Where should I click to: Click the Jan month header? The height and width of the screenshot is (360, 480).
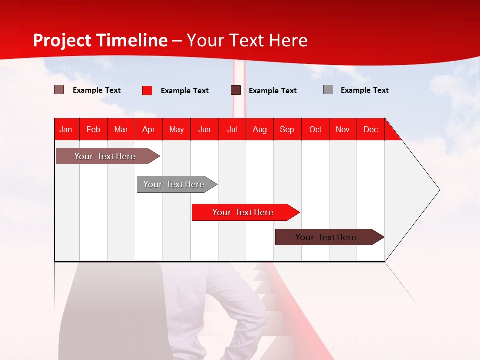pyautogui.click(x=66, y=129)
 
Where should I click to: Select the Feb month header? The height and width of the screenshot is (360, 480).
pyautogui.click(x=93, y=129)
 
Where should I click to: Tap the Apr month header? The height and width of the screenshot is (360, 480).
pyautogui.click(x=148, y=129)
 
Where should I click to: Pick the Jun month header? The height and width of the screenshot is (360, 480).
pyautogui.click(x=204, y=129)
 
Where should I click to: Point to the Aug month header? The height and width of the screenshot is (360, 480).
pyautogui.click(x=259, y=129)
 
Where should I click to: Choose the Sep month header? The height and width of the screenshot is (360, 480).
pyautogui.click(x=287, y=129)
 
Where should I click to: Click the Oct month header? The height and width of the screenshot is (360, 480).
pyautogui.click(x=315, y=129)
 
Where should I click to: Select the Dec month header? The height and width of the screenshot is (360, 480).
pyautogui.click(x=370, y=129)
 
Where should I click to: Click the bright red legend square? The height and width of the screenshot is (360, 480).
pyautogui.click(x=147, y=90)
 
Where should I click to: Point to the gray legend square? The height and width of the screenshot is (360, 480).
pyautogui.click(x=328, y=90)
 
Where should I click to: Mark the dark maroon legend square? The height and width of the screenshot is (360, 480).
pyautogui.click(x=236, y=90)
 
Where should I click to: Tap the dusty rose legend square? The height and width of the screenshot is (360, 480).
pyautogui.click(x=59, y=90)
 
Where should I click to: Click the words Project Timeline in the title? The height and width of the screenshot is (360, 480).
pyautogui.click(x=100, y=40)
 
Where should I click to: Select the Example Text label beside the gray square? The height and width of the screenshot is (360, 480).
pyautogui.click(x=364, y=90)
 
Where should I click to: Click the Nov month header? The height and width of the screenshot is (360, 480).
pyautogui.click(x=343, y=129)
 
